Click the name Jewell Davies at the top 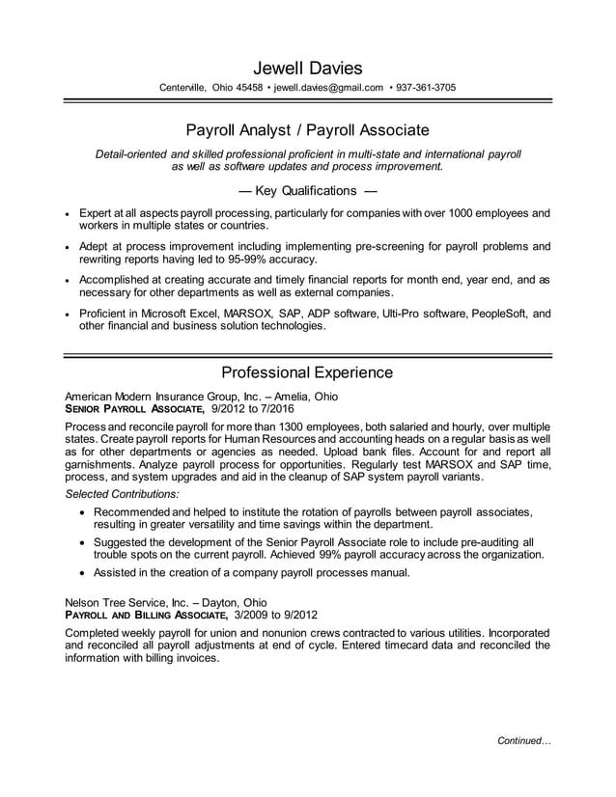(x=307, y=68)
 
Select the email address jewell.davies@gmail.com (x=328, y=88)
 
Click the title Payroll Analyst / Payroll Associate (x=307, y=129)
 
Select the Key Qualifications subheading (x=307, y=190)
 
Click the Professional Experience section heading (x=307, y=372)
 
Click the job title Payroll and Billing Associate (x=146, y=615)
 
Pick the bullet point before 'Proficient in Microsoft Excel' (x=67, y=315)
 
